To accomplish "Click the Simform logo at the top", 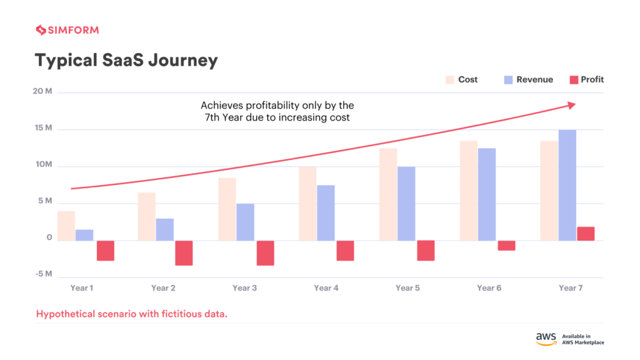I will click(67, 30).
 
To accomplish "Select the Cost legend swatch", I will click(449, 80).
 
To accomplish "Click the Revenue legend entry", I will click(527, 80).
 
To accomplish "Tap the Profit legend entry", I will click(586, 80).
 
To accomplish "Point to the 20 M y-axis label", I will click(44, 92).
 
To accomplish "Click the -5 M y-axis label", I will click(44, 274).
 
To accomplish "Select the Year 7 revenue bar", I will click(567, 185).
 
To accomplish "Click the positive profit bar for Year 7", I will click(586, 234).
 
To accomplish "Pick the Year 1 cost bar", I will click(66, 226).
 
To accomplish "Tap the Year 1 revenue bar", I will click(84, 235).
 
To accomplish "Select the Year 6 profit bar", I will click(506, 246).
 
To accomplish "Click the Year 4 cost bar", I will click(307, 204).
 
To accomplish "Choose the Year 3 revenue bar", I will click(245, 222).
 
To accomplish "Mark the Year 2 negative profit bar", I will click(184, 253).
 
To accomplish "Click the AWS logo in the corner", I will click(546, 338).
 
